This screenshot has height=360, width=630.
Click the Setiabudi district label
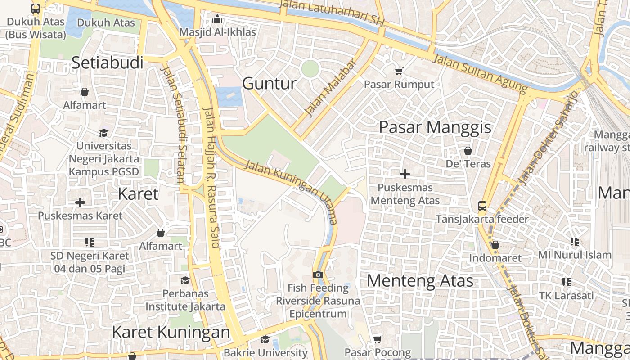[x=107, y=63]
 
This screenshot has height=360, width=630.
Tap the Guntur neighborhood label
[x=269, y=84]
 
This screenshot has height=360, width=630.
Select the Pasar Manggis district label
[x=435, y=127]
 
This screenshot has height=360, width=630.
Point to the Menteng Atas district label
[x=420, y=281]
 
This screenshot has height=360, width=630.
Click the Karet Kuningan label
[x=171, y=332]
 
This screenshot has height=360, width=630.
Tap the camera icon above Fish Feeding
[x=318, y=274]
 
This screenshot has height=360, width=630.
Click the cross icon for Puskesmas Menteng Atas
[x=405, y=174]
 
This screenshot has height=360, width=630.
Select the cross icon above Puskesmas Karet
[x=80, y=202]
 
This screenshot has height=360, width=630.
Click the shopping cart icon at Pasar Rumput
[x=399, y=71]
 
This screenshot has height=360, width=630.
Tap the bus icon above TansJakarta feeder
[x=482, y=206]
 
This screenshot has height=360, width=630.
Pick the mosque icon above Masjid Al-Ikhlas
[x=217, y=19]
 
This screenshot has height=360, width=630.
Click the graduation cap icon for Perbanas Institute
[x=185, y=281]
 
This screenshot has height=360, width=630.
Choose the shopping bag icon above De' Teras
[x=468, y=150]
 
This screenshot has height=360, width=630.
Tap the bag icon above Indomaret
[x=495, y=245]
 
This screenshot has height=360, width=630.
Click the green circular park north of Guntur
[x=310, y=69]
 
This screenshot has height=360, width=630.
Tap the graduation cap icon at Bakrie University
[x=265, y=340]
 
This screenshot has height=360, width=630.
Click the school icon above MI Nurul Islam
[x=574, y=242]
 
